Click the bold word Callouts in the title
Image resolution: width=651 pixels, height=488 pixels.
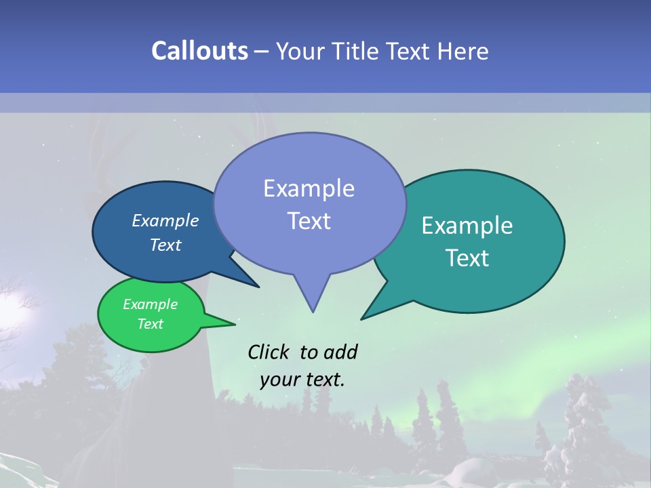coord(199,51)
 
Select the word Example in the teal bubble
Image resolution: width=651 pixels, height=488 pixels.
coord(467,226)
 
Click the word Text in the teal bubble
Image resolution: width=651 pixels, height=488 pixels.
coord(467,258)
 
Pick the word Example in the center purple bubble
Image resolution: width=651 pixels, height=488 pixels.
coord(309,188)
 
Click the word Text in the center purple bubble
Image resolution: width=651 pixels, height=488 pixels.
coord(309,221)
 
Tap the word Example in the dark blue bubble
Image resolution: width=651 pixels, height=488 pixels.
coord(165,221)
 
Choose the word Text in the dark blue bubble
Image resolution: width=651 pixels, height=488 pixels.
coord(165,245)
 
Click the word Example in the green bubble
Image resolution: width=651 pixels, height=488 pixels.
coord(150,304)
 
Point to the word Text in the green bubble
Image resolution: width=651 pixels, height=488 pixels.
coord(150,324)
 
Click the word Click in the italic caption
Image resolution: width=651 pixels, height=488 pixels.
coord(269,352)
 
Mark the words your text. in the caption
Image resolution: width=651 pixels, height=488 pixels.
coord(302,380)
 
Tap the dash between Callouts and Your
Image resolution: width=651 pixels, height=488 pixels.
coord(262,51)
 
